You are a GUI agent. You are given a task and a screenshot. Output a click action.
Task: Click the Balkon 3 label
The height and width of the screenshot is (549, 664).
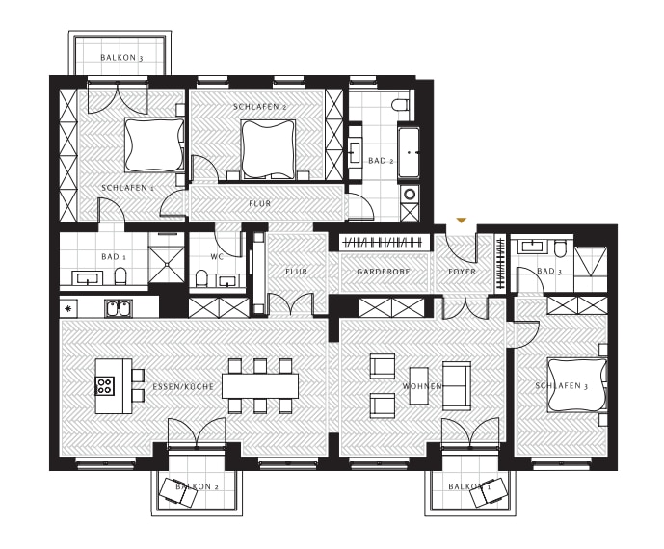[121, 57]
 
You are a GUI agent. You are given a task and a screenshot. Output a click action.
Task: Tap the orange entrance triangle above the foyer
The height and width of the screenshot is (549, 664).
[462, 221]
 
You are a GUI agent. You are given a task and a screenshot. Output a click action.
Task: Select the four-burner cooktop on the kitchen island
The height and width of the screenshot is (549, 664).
[104, 385]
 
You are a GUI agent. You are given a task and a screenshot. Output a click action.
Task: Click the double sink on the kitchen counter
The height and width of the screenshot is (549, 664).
[119, 308]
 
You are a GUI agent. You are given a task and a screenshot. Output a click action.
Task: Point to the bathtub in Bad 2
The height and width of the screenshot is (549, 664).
[409, 152]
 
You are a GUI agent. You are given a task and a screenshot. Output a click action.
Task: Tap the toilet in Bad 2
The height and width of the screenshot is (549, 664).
[400, 104]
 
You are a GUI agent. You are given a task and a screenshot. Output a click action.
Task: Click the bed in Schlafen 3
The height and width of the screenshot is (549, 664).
[576, 384]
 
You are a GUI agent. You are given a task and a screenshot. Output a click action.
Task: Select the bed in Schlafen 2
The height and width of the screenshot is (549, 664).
[268, 149]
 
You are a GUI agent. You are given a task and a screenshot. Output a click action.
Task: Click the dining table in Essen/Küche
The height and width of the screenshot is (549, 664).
[260, 386]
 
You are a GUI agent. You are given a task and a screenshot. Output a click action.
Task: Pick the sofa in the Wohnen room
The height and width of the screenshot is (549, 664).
[457, 385]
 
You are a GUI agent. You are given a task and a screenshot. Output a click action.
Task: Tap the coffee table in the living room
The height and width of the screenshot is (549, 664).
[419, 385]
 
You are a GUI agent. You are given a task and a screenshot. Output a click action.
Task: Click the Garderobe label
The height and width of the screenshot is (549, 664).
[384, 272]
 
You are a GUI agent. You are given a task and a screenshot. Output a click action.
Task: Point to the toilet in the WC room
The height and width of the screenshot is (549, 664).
[202, 277]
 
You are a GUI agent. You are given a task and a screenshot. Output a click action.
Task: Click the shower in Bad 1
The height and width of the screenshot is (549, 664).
[167, 258]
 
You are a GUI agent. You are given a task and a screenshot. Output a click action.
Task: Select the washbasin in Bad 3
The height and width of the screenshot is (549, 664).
[528, 246]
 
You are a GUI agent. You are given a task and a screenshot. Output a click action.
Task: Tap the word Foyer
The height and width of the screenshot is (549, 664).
[462, 272]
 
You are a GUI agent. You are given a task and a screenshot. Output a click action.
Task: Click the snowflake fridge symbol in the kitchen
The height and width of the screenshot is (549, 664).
[67, 308]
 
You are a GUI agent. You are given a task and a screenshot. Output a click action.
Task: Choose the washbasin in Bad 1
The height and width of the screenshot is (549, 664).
[88, 278]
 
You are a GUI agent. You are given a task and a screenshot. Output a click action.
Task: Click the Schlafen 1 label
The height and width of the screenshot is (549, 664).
[127, 188]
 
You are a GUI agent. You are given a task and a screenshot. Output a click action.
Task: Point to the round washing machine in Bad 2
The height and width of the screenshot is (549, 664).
[410, 195]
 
